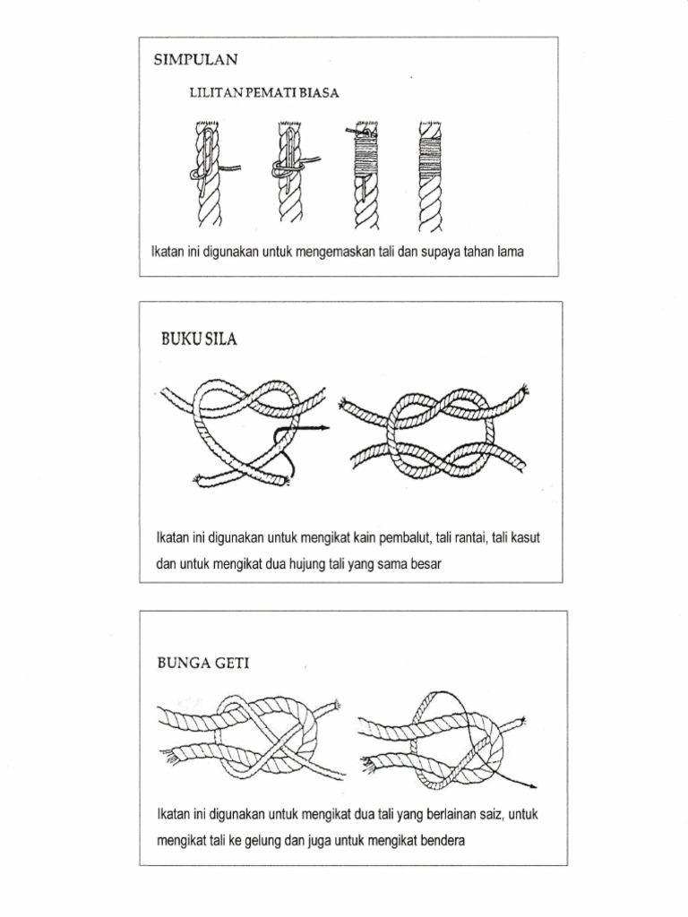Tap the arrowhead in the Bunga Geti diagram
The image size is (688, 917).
[x=533, y=786]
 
